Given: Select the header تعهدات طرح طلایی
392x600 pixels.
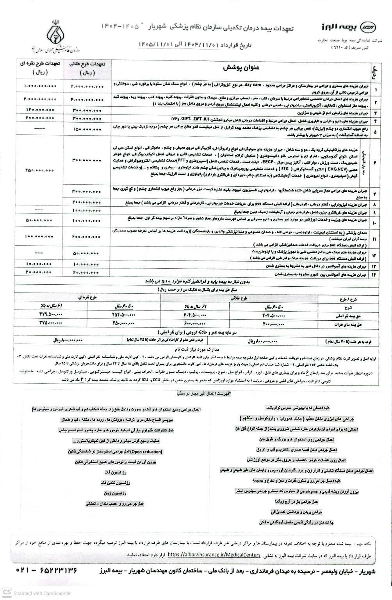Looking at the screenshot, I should pyautogui.click(x=89, y=68).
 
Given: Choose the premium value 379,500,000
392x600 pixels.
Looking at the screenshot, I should pyautogui.click(x=51, y=315).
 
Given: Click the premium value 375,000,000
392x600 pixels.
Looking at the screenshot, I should pyautogui.click(x=51, y=323).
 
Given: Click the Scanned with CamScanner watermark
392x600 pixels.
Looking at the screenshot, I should pyautogui.click(x=31, y=593).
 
